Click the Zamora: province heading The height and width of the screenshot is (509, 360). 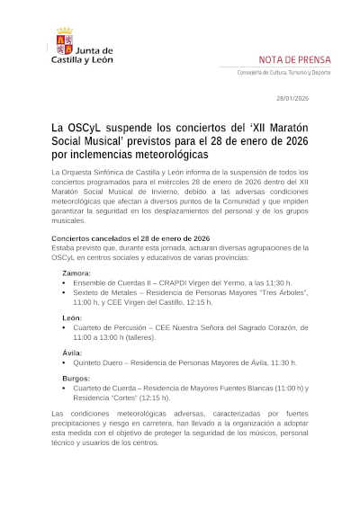pos(76,272)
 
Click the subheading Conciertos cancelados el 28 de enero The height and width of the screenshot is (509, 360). pos(118,237)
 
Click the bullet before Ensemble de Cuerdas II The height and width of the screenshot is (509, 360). pos(64,281)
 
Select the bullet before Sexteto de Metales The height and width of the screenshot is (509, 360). pos(64,292)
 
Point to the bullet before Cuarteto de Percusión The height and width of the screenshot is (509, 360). pos(64,328)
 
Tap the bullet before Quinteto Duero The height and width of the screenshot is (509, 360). pos(64,362)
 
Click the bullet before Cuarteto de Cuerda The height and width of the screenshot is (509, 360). pos(64,388)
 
